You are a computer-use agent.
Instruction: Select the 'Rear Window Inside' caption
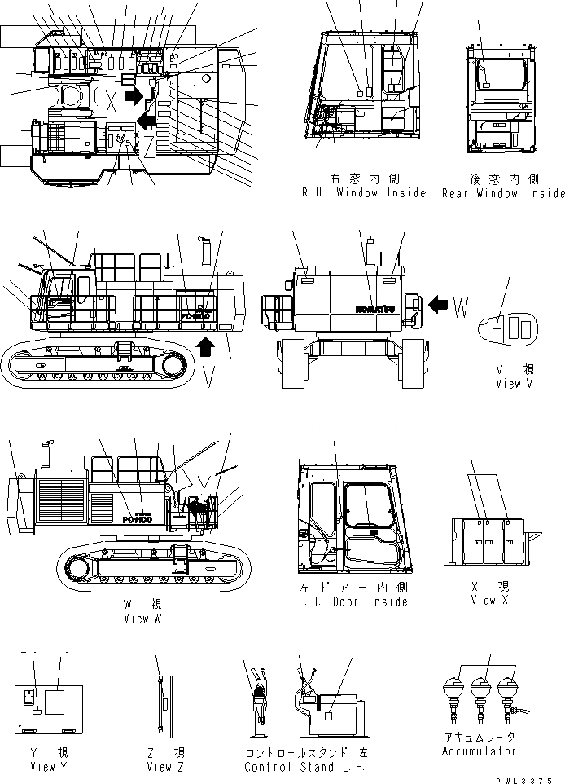[503, 193]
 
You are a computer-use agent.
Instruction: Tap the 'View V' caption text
[513, 384]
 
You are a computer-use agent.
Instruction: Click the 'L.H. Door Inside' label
[353, 601]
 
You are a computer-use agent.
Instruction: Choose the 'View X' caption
[489, 600]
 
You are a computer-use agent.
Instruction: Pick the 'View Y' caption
[42, 766]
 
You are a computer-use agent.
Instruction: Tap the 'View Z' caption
[166, 766]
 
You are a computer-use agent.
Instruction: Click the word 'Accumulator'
[479, 751]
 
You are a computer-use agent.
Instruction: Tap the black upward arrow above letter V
[206, 345]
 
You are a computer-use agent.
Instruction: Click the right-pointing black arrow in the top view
[130, 98]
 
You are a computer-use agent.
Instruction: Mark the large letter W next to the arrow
[462, 307]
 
